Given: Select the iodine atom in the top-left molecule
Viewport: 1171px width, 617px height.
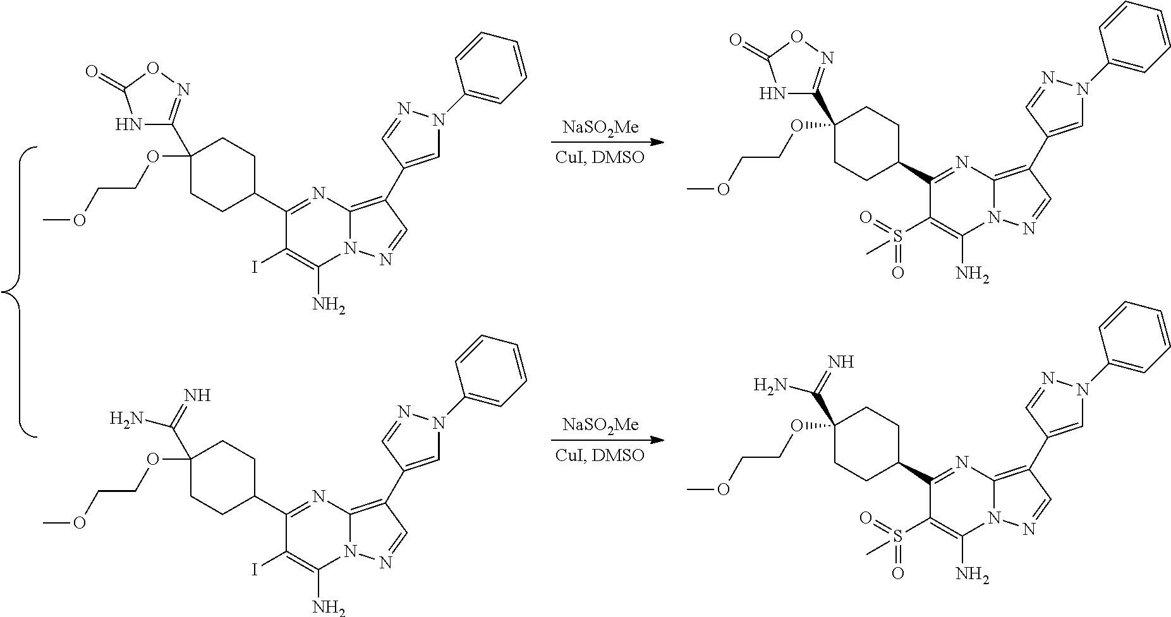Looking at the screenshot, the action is click(x=255, y=268).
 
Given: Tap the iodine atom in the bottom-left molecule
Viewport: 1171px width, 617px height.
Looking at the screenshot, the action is click(x=255, y=571).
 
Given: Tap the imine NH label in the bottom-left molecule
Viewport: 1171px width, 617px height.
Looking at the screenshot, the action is click(x=196, y=396).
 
